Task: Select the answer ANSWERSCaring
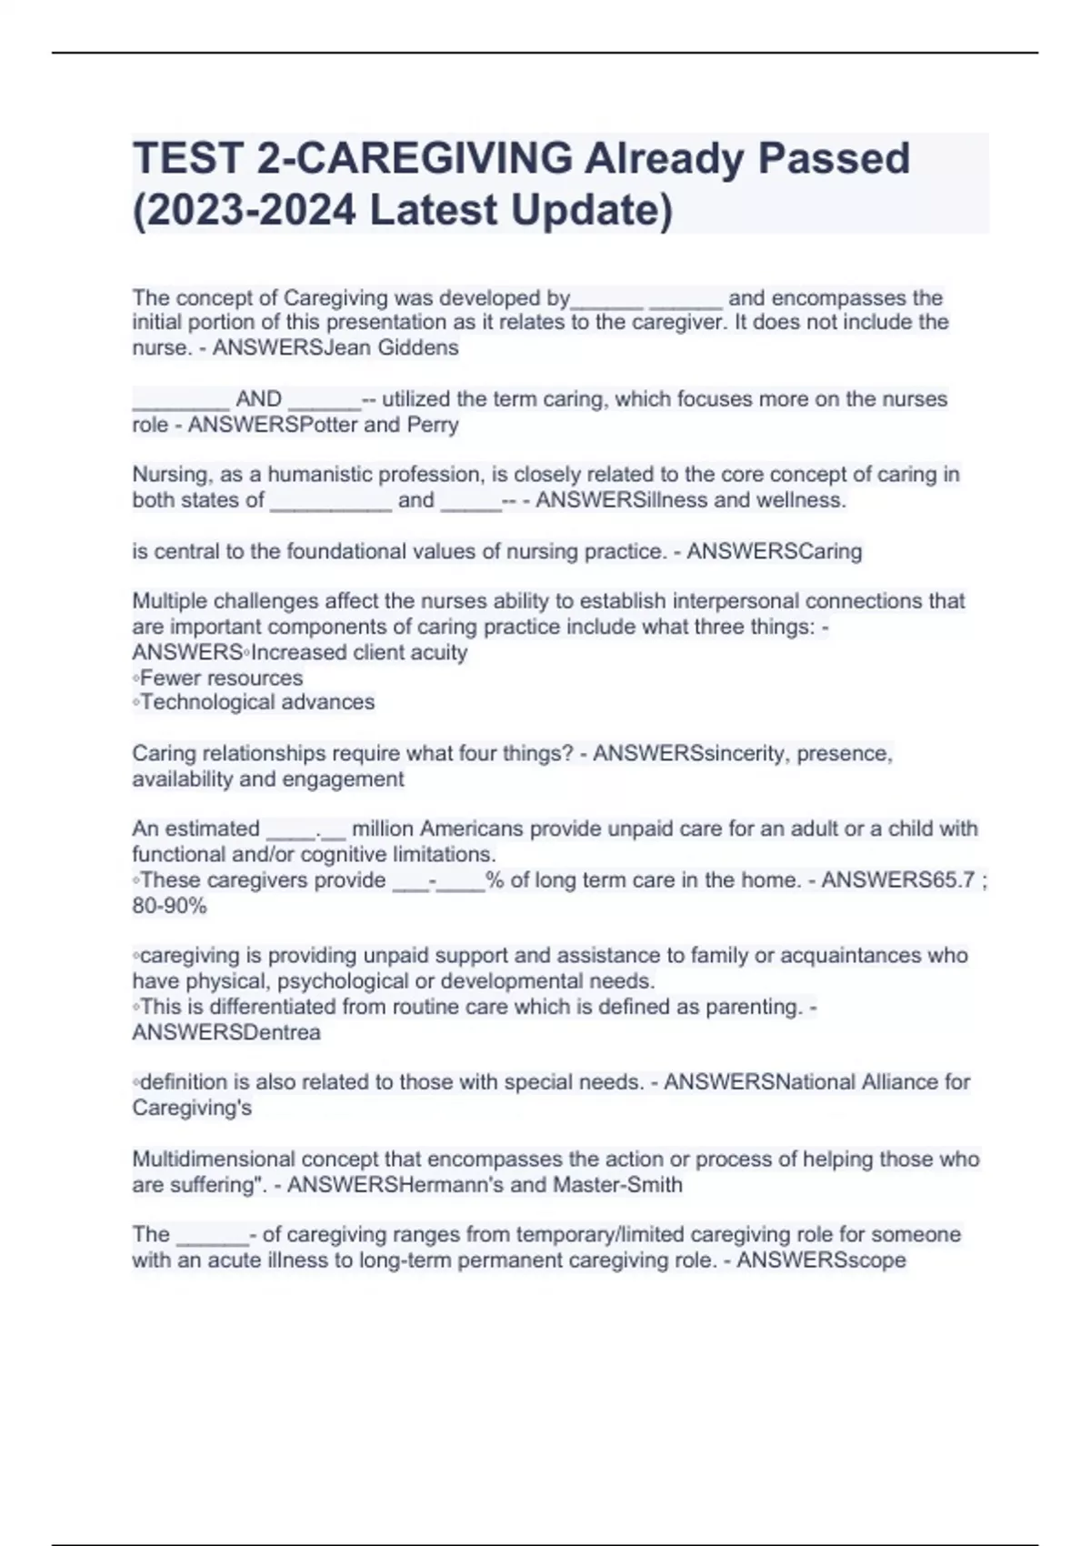(x=774, y=551)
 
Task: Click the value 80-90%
(x=170, y=906)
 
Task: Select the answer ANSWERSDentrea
(x=226, y=1033)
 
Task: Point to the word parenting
(x=750, y=1008)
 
